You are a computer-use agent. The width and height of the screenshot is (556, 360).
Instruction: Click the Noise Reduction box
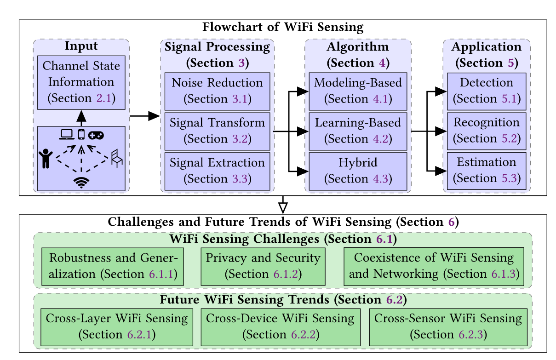coord(218,91)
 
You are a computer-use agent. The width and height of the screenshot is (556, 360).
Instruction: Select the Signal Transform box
coord(218,131)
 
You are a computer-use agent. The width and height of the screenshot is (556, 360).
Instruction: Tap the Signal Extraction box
coord(218,170)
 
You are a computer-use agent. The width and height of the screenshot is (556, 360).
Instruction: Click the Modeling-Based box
coord(358,91)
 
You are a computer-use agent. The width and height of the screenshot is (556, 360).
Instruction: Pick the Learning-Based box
coord(358,131)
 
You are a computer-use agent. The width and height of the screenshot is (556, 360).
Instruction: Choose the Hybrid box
coord(358,170)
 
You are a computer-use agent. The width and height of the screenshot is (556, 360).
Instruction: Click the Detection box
coord(486,91)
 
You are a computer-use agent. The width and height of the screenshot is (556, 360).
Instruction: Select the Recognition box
coord(486,131)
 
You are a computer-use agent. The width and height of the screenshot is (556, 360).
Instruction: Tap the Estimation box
coord(486,170)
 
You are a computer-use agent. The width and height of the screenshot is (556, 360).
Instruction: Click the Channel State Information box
coord(81,82)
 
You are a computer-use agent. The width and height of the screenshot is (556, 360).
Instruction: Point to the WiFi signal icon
coord(81,183)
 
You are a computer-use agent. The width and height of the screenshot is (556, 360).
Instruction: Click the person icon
coord(46,159)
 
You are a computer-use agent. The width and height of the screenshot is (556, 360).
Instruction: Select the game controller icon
coord(96,135)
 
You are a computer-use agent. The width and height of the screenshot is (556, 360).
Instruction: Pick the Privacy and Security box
coord(263,266)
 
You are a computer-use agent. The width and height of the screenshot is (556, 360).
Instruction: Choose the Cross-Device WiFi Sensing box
coord(280,326)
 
